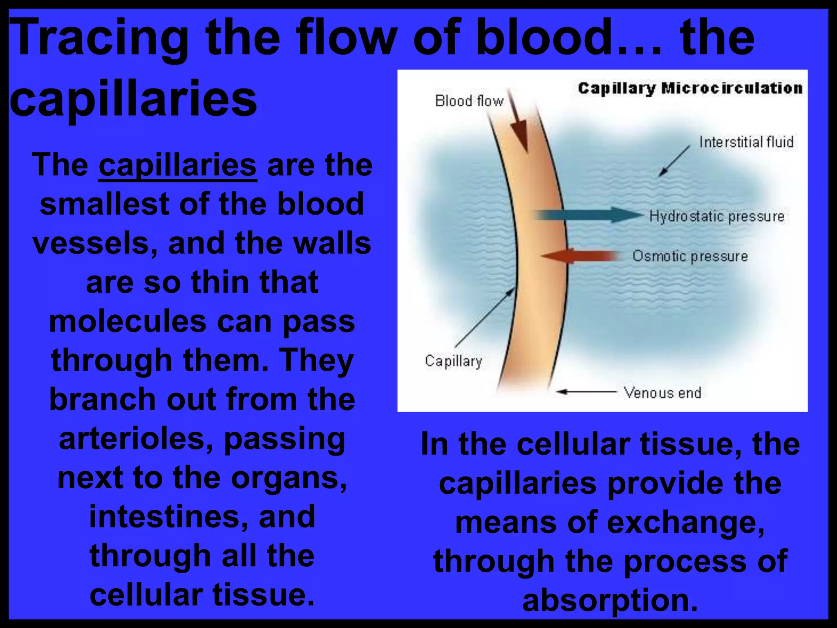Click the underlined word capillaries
[x=177, y=166]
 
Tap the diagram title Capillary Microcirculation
[x=690, y=89]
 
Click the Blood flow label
[x=469, y=101]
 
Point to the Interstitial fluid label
[x=746, y=142]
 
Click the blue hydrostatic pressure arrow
[x=589, y=215]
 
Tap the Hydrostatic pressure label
[x=716, y=216]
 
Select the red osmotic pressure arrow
[x=580, y=256]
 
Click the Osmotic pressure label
[x=690, y=256]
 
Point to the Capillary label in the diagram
[x=453, y=361]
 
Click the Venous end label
[x=662, y=393]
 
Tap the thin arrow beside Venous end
[x=587, y=392]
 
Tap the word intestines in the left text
[x=168, y=517]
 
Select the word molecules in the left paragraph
[x=128, y=322]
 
